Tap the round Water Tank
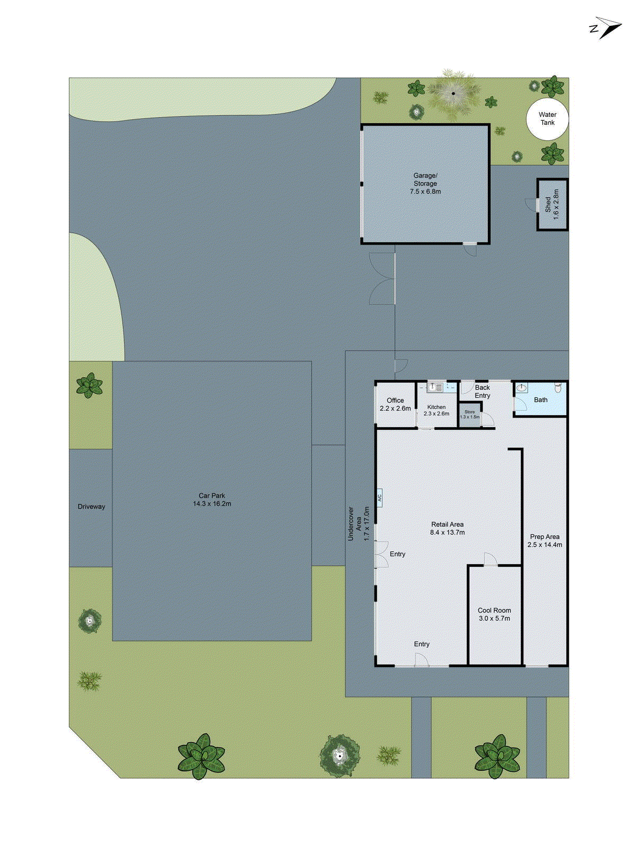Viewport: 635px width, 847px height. coord(547,119)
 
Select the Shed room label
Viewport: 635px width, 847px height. coord(548,204)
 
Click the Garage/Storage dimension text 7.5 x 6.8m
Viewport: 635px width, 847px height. coord(425,192)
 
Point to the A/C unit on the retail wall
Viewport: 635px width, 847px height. coord(379,498)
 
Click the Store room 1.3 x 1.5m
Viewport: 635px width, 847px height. coord(470,415)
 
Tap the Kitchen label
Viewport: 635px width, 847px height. coord(436,407)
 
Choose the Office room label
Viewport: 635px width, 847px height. coord(395,400)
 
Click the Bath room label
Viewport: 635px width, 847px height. coord(540,400)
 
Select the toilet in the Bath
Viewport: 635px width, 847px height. coord(557,388)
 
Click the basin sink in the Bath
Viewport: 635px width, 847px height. coord(521,388)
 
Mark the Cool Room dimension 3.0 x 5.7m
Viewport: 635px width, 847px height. coord(494,618)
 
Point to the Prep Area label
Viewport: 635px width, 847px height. coord(545,536)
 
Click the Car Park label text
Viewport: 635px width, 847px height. coord(212,495)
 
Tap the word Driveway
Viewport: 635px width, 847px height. coord(91,507)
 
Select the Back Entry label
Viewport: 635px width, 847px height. coord(482,391)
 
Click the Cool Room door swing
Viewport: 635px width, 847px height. coord(490,558)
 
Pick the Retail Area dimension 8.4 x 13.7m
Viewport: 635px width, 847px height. coord(447,533)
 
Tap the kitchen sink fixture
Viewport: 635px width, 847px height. coord(435,388)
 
